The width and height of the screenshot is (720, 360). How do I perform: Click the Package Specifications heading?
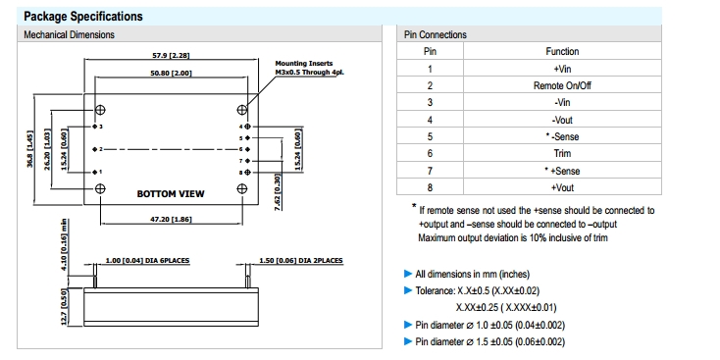(x=83, y=17)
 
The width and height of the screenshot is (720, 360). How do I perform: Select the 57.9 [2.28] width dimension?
(x=171, y=56)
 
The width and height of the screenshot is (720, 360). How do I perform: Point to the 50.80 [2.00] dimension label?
(x=171, y=73)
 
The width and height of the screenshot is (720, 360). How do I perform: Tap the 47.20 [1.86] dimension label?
(x=171, y=220)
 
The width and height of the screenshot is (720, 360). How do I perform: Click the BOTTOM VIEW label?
(x=171, y=194)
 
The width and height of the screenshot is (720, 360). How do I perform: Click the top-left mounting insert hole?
(x=100, y=109)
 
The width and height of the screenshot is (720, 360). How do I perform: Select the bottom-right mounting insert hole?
(x=242, y=188)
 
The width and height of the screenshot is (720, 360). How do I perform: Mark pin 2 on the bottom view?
(x=94, y=149)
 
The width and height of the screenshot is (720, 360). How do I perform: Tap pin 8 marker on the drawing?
(x=247, y=173)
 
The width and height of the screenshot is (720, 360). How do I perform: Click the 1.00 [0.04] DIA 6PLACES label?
(x=147, y=260)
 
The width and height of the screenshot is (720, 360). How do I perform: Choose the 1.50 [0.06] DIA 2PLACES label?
(x=301, y=260)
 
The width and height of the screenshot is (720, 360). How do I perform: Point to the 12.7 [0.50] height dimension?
(x=64, y=307)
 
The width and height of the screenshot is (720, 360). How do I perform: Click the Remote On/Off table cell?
(x=562, y=85)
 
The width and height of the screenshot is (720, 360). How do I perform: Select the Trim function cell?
(x=562, y=153)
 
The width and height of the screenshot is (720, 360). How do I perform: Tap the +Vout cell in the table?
(x=562, y=187)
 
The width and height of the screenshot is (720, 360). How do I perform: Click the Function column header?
(x=562, y=51)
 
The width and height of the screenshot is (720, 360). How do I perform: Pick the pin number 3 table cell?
(x=430, y=102)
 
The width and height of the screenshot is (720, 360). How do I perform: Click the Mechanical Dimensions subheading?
(x=69, y=34)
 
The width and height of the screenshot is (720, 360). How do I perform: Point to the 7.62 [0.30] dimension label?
(x=277, y=192)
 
